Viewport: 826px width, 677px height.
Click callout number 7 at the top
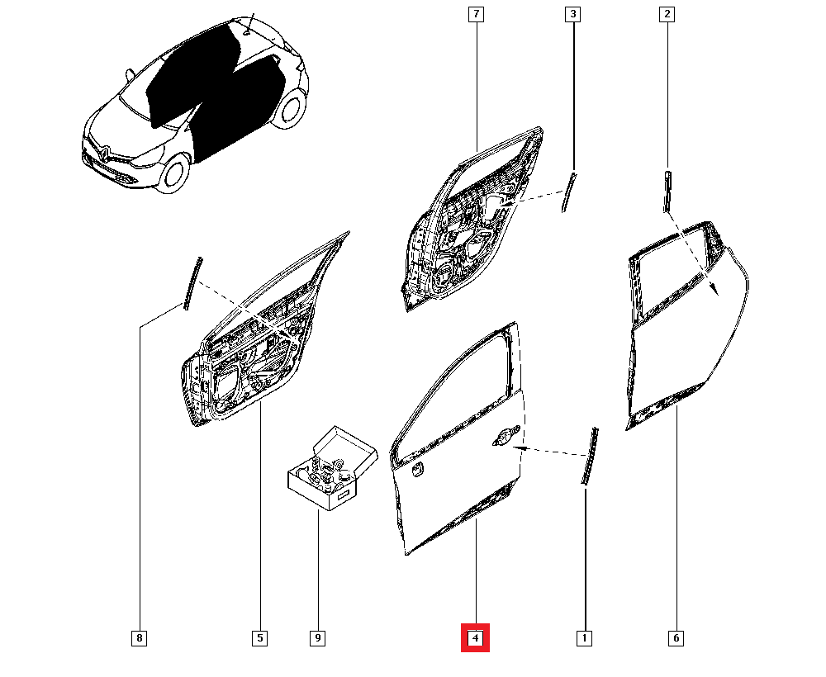(476, 14)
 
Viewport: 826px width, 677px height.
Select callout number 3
(572, 14)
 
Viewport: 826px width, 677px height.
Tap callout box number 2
(667, 14)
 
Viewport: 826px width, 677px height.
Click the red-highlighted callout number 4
(475, 638)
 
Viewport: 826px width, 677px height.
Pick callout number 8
(139, 638)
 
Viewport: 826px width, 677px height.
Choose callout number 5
(259, 638)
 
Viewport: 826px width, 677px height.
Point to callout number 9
(318, 638)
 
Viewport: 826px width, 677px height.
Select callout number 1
(584, 638)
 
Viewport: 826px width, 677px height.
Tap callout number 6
(676, 638)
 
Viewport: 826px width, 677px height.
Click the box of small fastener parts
(333, 468)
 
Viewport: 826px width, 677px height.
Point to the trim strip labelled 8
(192, 283)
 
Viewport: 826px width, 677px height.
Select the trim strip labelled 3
(568, 192)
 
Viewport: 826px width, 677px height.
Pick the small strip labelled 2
(667, 191)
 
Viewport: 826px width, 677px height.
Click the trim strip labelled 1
(590, 456)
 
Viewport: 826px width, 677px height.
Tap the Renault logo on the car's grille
(104, 154)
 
